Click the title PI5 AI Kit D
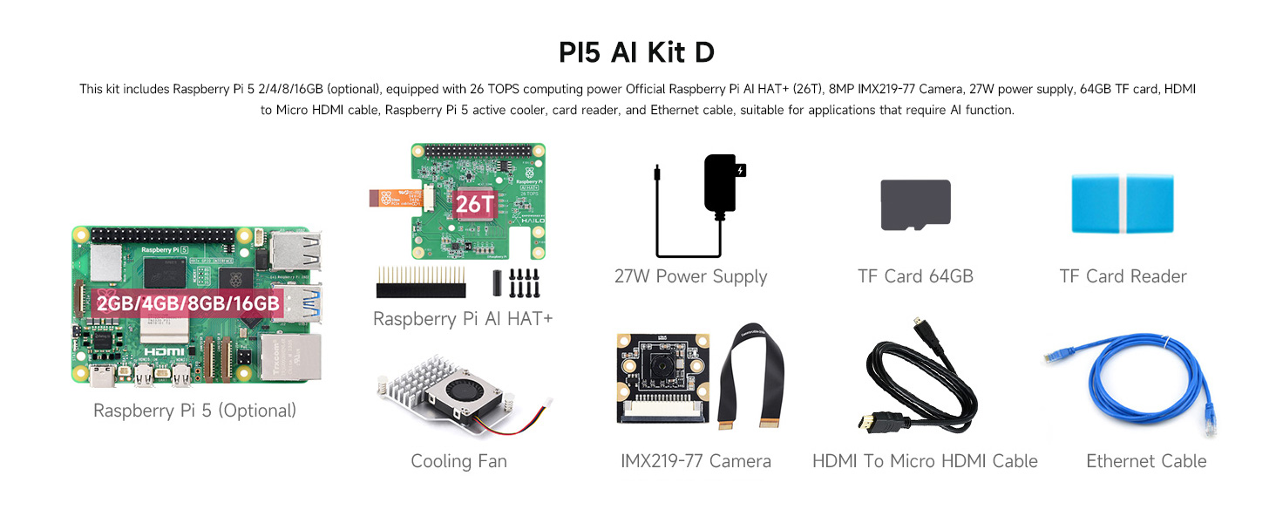tap(637, 52)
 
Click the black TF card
tap(915, 205)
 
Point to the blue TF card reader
tap(1123, 204)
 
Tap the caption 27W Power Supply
tap(690, 277)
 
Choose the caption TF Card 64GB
tap(915, 277)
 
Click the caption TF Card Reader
tap(1123, 277)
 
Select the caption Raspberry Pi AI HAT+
tap(463, 320)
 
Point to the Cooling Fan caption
tap(458, 462)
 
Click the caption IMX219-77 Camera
tap(696, 462)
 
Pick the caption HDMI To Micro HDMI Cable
tap(925, 462)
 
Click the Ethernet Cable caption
tap(1146, 462)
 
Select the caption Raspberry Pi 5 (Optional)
tap(195, 411)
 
